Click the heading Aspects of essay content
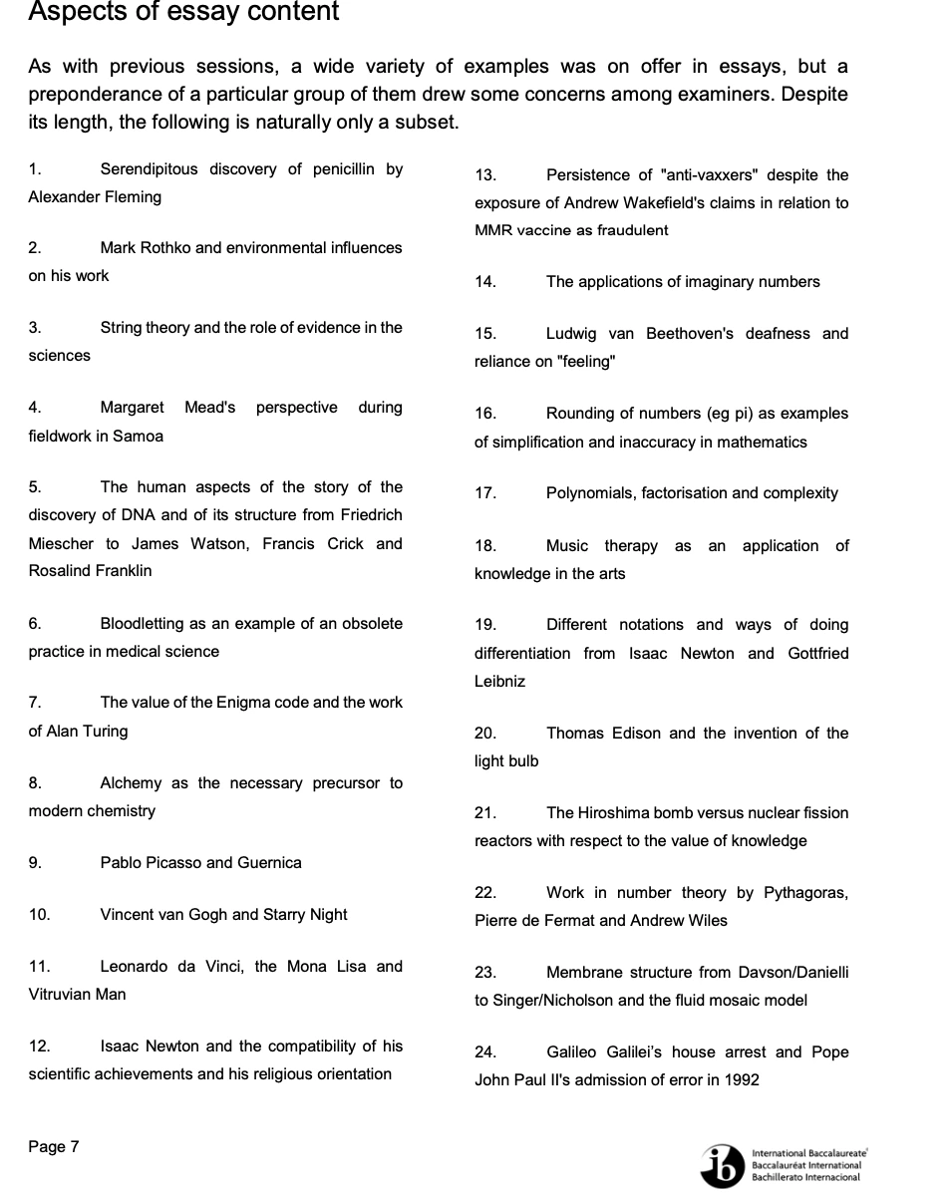pyautogui.click(x=183, y=13)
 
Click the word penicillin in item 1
pyautogui.click(x=345, y=168)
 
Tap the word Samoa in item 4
pyautogui.click(x=140, y=436)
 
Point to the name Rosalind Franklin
pyautogui.click(x=91, y=571)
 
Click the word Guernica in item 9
pyautogui.click(x=269, y=862)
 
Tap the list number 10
pyautogui.click(x=39, y=914)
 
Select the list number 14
pyautogui.click(x=484, y=281)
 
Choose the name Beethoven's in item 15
pyautogui.click(x=692, y=333)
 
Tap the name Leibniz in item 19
pyautogui.click(x=499, y=681)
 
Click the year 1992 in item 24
pyautogui.click(x=739, y=1079)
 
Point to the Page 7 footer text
pyautogui.click(x=54, y=1146)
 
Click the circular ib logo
pyautogui.click(x=723, y=1165)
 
